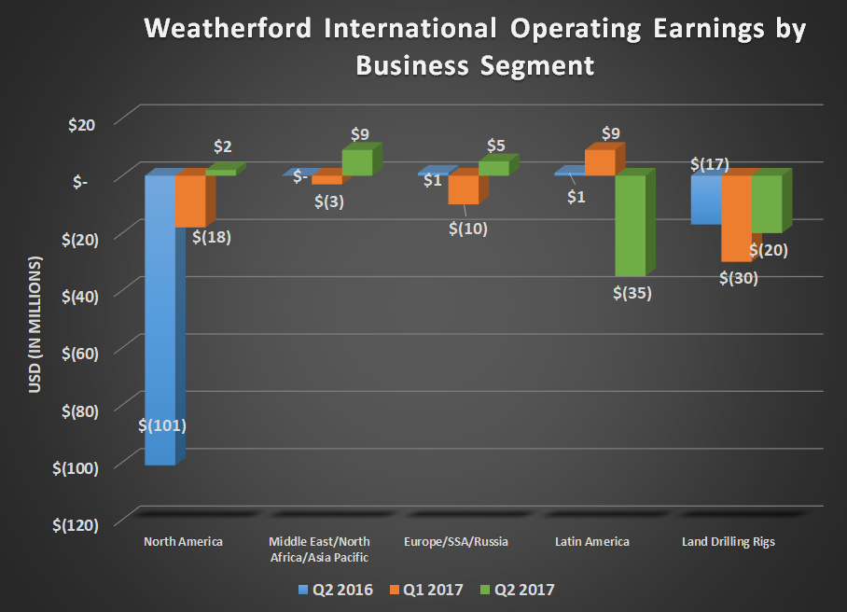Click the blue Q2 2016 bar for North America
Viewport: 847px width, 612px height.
click(160, 317)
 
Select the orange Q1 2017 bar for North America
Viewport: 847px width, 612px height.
click(190, 200)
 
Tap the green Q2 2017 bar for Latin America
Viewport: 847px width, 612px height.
click(630, 225)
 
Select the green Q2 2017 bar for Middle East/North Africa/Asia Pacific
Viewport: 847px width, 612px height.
click(356, 162)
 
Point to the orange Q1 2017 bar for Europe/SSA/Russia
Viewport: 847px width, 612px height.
click(463, 189)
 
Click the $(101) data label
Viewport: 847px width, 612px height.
click(164, 425)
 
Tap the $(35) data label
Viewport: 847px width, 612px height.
click(632, 292)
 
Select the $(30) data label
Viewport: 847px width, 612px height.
click(739, 277)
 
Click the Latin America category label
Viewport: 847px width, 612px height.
click(591, 542)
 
